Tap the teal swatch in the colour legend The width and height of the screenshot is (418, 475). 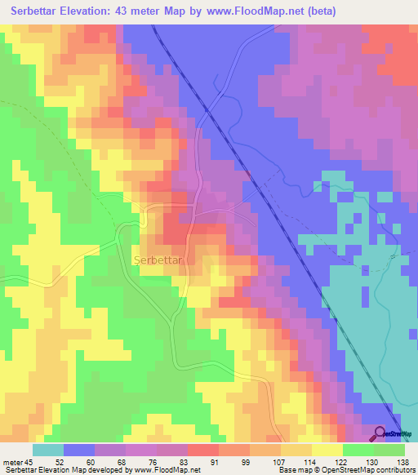click(x=48, y=450)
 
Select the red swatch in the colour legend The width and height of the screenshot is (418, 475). click(x=203, y=450)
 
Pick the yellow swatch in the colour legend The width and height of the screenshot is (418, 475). click(x=327, y=450)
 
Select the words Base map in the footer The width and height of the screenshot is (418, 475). click(x=288, y=470)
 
